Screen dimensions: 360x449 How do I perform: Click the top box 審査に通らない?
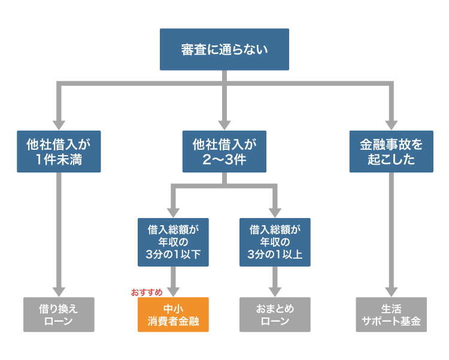[x=224, y=49]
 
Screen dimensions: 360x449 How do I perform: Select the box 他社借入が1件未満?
[x=59, y=152]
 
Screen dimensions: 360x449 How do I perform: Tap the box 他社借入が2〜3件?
[x=224, y=152]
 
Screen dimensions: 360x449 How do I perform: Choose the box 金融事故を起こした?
[x=391, y=152]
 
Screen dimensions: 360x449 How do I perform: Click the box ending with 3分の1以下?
[x=173, y=241]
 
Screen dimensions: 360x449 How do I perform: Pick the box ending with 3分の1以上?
[x=275, y=241]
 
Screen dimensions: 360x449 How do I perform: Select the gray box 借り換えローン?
[x=59, y=314]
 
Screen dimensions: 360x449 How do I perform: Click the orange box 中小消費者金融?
[x=173, y=314]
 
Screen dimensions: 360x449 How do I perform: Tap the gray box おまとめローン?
[x=275, y=314]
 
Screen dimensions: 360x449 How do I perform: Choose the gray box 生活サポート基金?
[x=391, y=314]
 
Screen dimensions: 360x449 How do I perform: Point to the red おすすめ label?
[x=147, y=292]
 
